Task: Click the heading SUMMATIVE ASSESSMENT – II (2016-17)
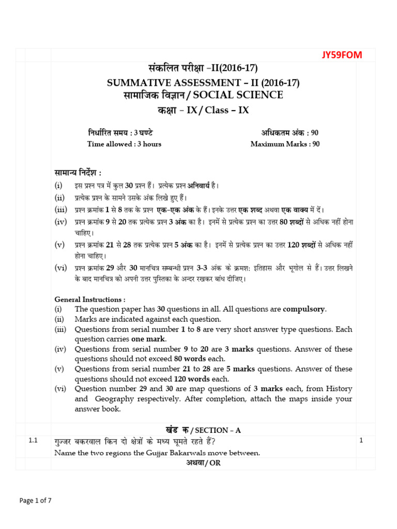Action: coord(203,83)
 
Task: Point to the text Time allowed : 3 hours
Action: coord(124,144)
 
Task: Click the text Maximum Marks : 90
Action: coord(285,144)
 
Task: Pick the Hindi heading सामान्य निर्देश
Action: coord(78,172)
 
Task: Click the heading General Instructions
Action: coord(90,300)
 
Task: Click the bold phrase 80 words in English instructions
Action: coord(190,359)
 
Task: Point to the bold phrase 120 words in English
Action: coord(189,379)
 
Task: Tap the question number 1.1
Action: coord(34,441)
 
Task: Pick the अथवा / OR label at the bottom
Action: coord(203,463)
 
